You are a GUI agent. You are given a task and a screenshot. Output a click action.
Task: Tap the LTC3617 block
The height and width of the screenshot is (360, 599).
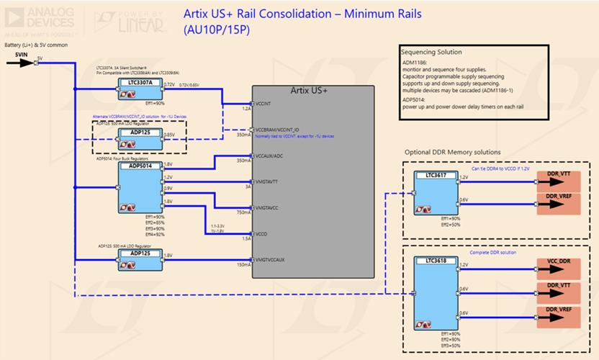436,193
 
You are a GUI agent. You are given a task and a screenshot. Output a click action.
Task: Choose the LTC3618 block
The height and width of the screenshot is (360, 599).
436,296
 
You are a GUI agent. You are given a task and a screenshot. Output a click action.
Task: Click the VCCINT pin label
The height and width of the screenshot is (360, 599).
264,104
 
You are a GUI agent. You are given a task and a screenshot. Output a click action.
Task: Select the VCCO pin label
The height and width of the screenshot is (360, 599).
262,233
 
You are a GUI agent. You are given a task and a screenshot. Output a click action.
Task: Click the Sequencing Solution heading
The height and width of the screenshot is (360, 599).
431,53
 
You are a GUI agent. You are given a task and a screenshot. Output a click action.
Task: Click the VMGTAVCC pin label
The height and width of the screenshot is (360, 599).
269,207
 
